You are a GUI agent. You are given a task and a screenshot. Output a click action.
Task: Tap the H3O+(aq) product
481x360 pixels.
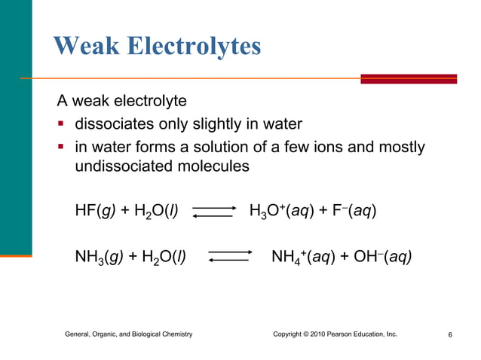277,211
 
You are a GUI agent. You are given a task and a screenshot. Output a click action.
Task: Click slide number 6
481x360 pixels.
449,334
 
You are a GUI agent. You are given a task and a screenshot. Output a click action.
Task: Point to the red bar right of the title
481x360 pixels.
408,78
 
